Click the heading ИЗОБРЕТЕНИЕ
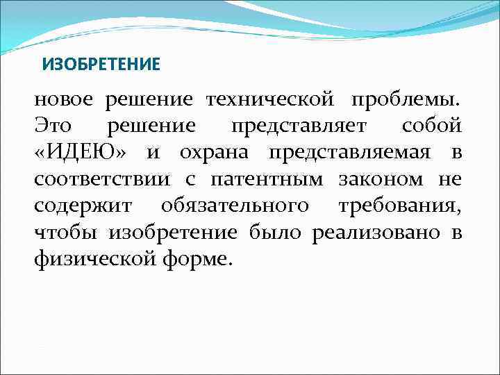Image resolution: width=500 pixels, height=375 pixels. tap(101, 65)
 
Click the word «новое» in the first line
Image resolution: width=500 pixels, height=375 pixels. tap(63, 101)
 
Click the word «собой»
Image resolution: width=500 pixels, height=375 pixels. tap(431, 127)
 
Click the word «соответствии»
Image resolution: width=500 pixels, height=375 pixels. tap(101, 180)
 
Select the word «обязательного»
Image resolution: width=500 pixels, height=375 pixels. tap(235, 206)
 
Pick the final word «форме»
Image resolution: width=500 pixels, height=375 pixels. tap(192, 259)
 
